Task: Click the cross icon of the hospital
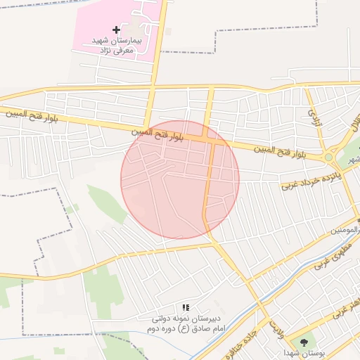(116, 30)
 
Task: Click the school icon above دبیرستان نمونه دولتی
(186, 307)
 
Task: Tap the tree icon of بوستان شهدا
(304, 342)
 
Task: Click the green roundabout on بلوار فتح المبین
(328, 157)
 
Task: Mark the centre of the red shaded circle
(180, 179)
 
